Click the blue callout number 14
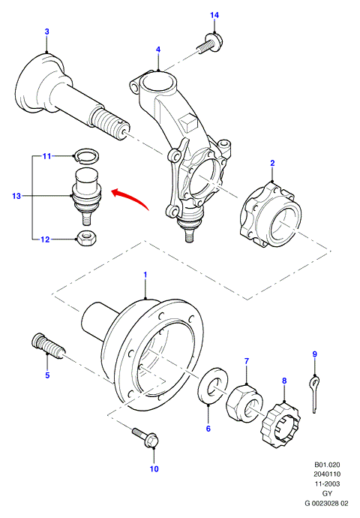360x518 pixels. click(x=214, y=15)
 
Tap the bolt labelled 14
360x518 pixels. click(x=210, y=44)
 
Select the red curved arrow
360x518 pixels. click(x=130, y=198)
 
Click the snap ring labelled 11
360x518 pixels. click(x=86, y=155)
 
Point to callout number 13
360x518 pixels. click(x=16, y=196)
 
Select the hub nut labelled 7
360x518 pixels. click(x=244, y=402)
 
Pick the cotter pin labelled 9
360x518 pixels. click(x=315, y=394)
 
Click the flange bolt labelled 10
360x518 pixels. click(x=146, y=438)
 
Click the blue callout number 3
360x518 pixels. click(x=46, y=32)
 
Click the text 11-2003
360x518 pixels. click(x=327, y=483)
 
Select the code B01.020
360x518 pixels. click(x=327, y=465)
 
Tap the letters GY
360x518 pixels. click(x=327, y=493)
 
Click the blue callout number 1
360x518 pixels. click(x=145, y=275)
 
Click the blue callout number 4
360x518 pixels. click(x=158, y=50)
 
